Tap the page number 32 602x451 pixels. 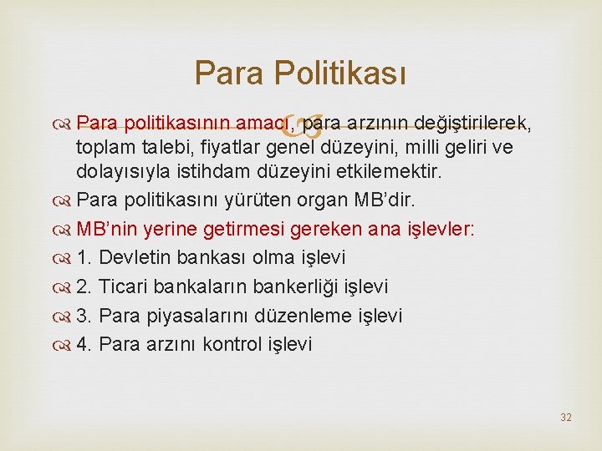point(566,417)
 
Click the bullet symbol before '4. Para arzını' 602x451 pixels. point(64,344)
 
